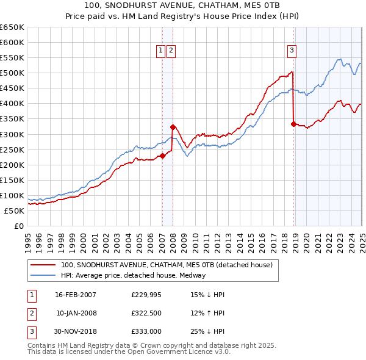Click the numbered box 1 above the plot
160,51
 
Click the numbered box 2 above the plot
171,51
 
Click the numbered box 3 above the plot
292,51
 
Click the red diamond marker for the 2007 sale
163,156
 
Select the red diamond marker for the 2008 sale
173,127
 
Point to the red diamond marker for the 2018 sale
294,124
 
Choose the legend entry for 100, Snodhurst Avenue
170,265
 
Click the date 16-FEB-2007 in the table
76,295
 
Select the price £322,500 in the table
146,313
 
